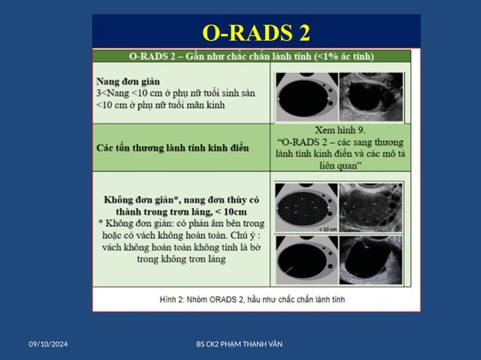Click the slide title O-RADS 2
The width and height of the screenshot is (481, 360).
256,33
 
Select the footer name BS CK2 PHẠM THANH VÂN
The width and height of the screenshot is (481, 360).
240,344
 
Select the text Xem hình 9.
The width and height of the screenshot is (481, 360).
342,130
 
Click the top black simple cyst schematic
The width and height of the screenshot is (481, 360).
305,96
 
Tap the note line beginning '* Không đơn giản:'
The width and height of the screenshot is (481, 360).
181,224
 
